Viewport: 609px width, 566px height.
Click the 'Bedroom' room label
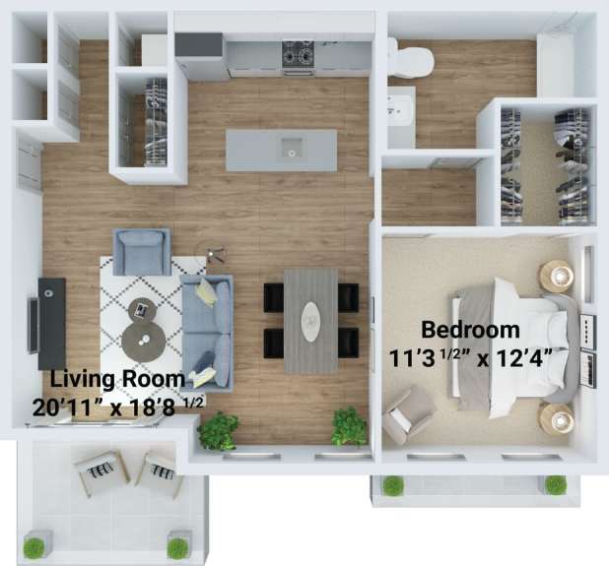(x=470, y=329)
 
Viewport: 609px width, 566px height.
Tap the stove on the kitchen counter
(x=299, y=57)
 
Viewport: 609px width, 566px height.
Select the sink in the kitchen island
(x=292, y=150)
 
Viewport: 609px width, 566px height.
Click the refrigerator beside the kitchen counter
(x=199, y=57)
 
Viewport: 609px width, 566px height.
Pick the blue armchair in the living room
(x=141, y=251)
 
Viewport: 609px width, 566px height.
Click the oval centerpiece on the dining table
(x=310, y=319)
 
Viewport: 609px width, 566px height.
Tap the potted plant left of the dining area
(x=218, y=430)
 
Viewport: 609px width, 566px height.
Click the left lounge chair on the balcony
(x=101, y=472)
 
